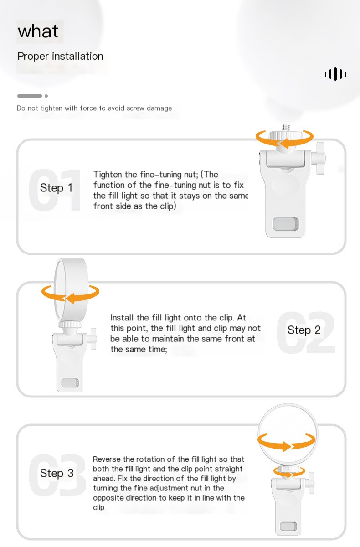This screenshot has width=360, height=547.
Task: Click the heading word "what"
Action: pyautogui.click(x=38, y=31)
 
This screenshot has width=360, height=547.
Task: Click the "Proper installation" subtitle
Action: pyautogui.click(x=60, y=57)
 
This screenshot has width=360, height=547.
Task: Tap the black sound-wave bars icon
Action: pyautogui.click(x=335, y=74)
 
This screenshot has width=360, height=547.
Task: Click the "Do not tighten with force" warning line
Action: pyautogui.click(x=94, y=108)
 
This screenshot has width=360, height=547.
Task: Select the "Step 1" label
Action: pyautogui.click(x=56, y=188)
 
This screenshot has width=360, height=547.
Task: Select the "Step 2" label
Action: pyautogui.click(x=304, y=330)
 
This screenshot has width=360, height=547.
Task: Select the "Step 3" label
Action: pyautogui.click(x=57, y=473)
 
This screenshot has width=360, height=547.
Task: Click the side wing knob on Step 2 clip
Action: pyautogui.click(x=93, y=339)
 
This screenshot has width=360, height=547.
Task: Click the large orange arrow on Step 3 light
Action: pyautogui.click(x=286, y=442)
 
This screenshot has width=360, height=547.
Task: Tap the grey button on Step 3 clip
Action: pyautogui.click(x=288, y=527)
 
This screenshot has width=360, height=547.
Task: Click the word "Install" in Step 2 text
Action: pyautogui.click(x=123, y=318)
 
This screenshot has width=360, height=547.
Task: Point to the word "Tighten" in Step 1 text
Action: pyautogui.click(x=108, y=175)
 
